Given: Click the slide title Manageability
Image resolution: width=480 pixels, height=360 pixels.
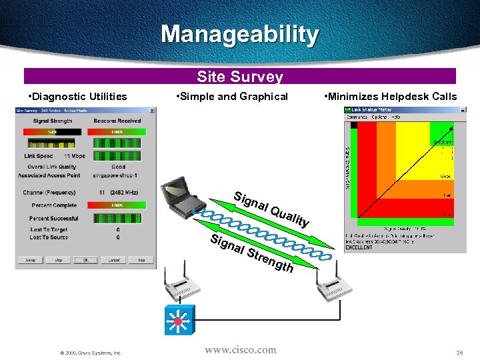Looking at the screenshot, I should pyautogui.click(x=240, y=35).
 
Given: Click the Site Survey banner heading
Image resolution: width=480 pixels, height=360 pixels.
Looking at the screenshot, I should pyautogui.click(x=240, y=77).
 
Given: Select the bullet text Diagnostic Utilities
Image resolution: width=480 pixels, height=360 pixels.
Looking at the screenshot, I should pyautogui.click(x=79, y=97).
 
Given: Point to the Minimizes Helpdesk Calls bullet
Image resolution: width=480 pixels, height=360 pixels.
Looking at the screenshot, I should pyautogui.click(x=391, y=97).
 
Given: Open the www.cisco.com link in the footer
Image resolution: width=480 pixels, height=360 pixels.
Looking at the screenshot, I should pyautogui.click(x=240, y=349).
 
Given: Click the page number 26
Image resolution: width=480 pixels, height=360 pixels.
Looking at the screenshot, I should pyautogui.click(x=459, y=351).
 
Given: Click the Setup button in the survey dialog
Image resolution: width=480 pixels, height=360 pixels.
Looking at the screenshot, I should pyautogui.click(x=30, y=260).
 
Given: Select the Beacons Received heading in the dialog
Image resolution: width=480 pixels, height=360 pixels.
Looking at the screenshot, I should pyautogui.click(x=117, y=121).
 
